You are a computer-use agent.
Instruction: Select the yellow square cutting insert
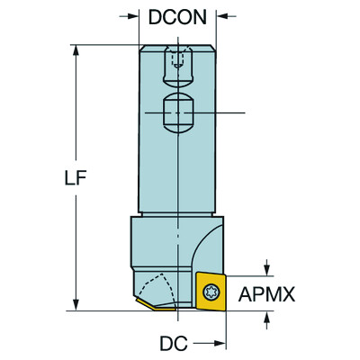point(212,292)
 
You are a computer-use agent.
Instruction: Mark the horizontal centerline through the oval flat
point(229,112)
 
